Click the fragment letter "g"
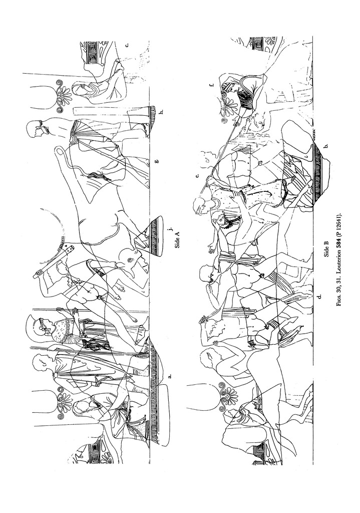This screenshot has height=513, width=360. tap(158, 161)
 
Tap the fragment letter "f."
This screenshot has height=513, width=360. tap(212, 85)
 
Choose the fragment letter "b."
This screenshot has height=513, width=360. tap(325, 146)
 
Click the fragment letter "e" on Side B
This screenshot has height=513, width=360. tap(197, 176)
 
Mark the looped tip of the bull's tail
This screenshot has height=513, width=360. tap(60, 152)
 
